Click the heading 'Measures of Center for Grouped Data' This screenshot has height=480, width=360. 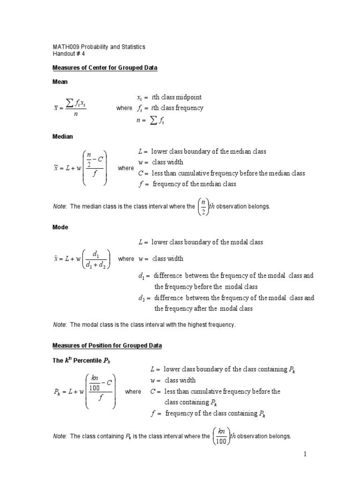[105, 68]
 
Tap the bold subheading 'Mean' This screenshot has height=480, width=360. [60, 82]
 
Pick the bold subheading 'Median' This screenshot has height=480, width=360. [62, 136]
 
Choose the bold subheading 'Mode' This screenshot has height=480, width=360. [60, 227]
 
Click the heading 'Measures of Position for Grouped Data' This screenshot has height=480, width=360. [107, 346]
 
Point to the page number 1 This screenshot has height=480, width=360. [304, 454]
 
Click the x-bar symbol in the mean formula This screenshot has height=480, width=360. [56, 108]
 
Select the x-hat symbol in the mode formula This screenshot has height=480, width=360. [56, 259]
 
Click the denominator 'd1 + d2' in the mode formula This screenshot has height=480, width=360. [96, 264]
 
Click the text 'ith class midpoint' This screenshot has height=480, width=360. [176, 97]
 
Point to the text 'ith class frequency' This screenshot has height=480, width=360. [177, 108]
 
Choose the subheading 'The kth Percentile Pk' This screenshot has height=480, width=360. [82, 360]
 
